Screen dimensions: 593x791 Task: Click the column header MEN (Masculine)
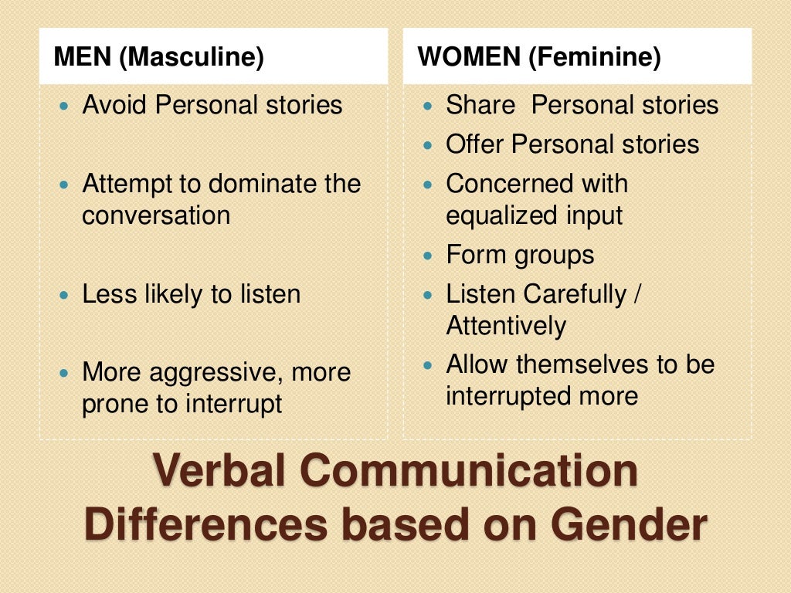(x=158, y=57)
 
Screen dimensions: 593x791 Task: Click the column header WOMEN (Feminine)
(x=539, y=57)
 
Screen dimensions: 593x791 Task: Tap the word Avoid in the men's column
(x=115, y=105)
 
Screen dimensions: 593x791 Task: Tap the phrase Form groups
(x=520, y=255)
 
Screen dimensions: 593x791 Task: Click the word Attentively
(x=506, y=326)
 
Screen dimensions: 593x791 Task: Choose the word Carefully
(x=575, y=294)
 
